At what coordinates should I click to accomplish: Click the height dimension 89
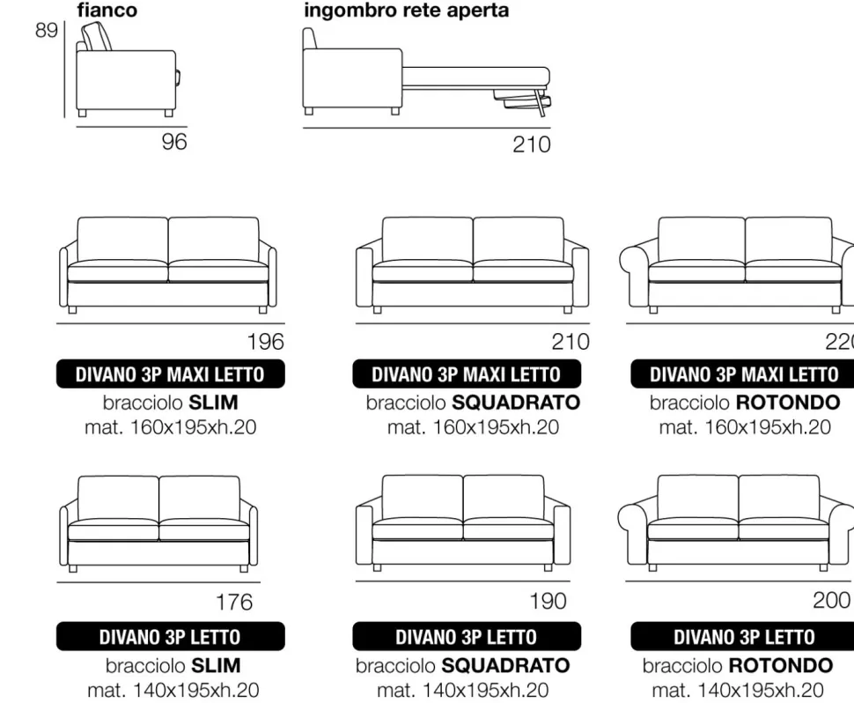(47, 30)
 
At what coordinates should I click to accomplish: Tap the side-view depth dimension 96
(174, 142)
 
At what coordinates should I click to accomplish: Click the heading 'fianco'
(107, 10)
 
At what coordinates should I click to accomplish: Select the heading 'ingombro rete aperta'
(406, 11)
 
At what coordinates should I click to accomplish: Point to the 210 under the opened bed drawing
(532, 144)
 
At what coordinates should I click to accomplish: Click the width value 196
(265, 342)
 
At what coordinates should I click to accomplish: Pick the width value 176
(234, 603)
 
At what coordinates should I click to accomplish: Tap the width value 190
(548, 601)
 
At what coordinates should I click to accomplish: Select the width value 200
(832, 600)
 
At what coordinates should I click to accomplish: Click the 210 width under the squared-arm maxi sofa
(571, 342)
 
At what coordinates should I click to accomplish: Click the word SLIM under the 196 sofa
(213, 403)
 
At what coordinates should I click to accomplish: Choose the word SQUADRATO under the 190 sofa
(505, 665)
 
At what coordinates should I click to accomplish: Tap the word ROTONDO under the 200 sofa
(781, 665)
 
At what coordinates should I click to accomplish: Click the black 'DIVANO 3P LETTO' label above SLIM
(171, 637)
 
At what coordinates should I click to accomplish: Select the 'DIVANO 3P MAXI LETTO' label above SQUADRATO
(467, 374)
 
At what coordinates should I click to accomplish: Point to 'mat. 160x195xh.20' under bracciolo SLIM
(171, 427)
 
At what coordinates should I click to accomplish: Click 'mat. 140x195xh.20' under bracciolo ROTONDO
(738, 691)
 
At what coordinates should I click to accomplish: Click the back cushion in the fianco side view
(96, 37)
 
